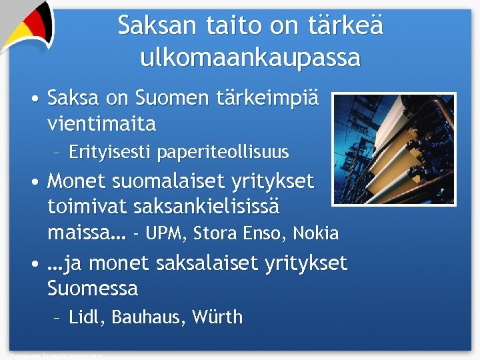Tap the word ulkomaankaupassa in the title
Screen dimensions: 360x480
click(x=250, y=58)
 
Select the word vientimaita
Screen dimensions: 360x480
click(x=102, y=124)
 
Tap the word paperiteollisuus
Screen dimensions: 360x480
click(x=223, y=153)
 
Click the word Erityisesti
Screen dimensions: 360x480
click(x=111, y=153)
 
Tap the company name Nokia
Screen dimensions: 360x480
click(x=316, y=234)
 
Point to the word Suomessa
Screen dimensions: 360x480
click(x=93, y=289)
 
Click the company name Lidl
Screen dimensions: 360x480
click(x=86, y=317)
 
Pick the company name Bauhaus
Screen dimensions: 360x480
click(x=147, y=317)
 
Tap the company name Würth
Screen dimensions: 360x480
click(x=217, y=317)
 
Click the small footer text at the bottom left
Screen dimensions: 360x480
click(x=57, y=356)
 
